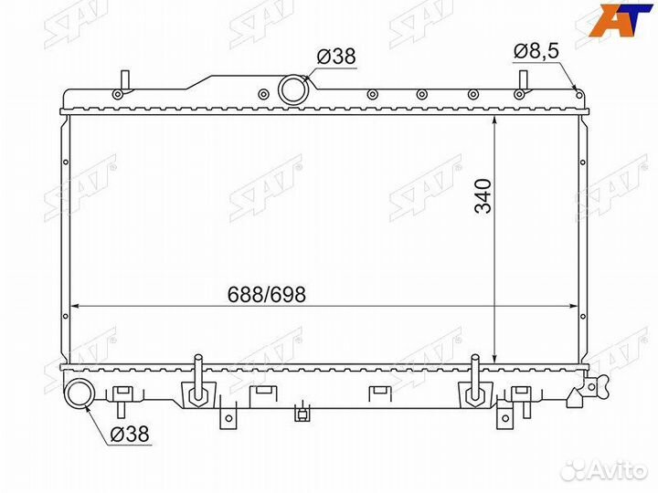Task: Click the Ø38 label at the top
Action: [336, 57]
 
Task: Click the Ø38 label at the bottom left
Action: [130, 434]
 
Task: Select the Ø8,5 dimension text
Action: [536, 51]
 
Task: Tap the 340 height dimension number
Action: [483, 196]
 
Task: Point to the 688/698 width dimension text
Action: [267, 295]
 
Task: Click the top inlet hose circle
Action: [293, 89]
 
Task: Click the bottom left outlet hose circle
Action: [80, 393]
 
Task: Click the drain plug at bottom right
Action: [592, 385]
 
